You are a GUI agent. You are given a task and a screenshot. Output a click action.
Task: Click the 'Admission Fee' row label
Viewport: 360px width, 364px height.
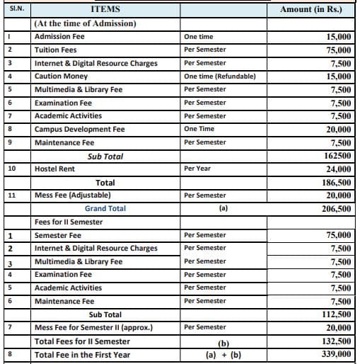59,36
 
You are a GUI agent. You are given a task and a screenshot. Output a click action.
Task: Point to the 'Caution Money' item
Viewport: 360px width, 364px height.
61,76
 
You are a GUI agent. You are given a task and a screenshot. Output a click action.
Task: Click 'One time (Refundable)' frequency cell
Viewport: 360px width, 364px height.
219,76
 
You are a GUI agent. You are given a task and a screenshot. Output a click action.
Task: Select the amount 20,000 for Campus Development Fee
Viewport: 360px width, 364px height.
336,130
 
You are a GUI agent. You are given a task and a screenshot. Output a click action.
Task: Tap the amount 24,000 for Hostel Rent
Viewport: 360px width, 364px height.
336,169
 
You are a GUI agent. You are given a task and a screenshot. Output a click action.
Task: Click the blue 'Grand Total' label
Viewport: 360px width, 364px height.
105,209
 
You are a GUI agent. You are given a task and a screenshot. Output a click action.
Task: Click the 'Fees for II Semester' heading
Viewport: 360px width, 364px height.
69,222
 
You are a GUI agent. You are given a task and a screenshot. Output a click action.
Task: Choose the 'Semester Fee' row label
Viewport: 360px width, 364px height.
58,235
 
